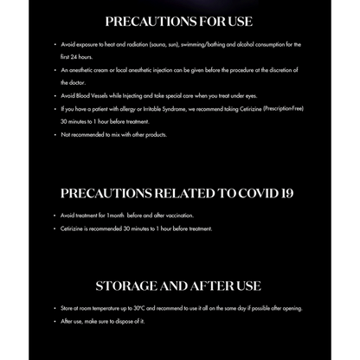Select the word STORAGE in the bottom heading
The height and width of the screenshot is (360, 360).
128,285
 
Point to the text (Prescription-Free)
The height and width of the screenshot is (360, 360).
284,108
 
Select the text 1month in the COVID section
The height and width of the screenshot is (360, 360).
117,215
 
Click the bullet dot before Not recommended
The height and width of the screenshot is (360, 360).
55,135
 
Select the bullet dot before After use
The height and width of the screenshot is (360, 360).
55,321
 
